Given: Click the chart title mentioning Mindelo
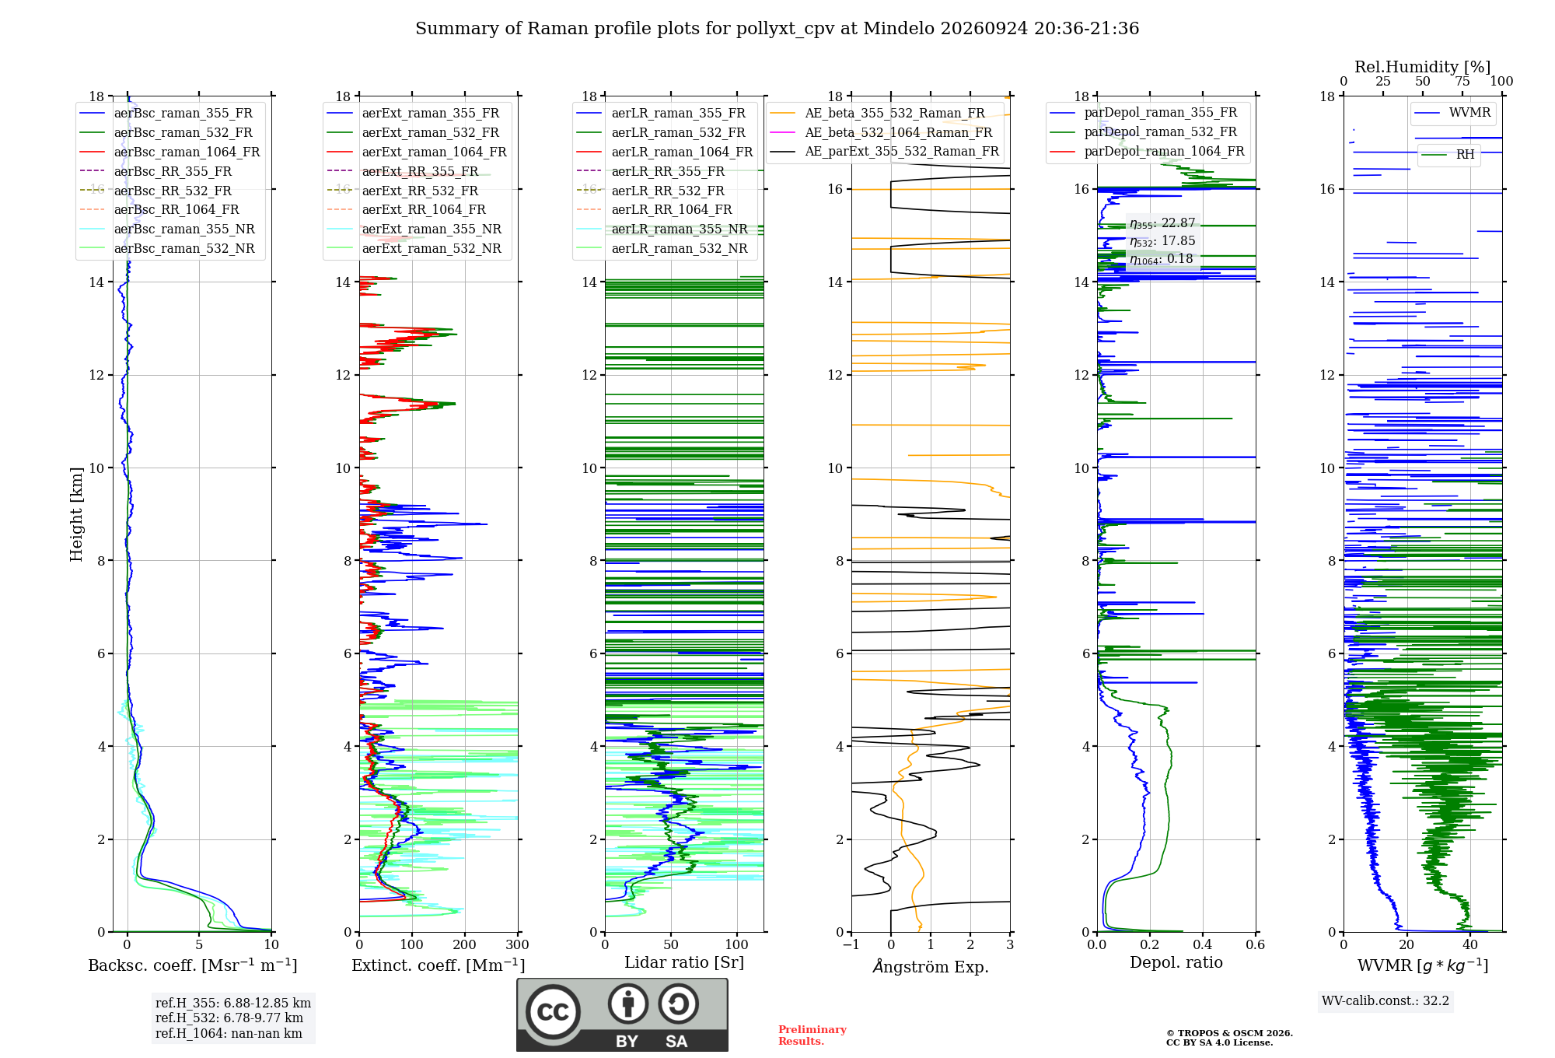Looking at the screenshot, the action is click(777, 29).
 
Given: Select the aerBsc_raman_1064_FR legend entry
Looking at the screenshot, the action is click(169, 152).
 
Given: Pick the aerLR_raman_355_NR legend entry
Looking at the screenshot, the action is click(662, 229).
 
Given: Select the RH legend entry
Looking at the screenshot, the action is click(1448, 154).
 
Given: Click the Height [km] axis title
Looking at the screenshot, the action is click(76, 514).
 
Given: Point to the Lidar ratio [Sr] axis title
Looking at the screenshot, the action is click(684, 962).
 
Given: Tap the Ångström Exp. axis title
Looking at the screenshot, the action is click(931, 966).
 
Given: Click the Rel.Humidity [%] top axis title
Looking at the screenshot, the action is click(1423, 67).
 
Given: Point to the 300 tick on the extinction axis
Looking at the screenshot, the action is click(518, 944).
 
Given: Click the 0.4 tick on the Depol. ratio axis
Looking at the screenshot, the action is click(1203, 944).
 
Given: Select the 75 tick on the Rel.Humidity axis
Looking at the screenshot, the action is click(1462, 81).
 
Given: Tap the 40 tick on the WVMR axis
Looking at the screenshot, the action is click(1470, 944).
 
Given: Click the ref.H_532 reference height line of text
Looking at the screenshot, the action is click(229, 1018).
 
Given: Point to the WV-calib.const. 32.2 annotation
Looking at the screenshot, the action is click(1386, 1000).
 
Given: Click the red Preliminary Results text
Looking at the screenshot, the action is click(812, 1035).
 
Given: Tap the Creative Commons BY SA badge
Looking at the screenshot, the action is click(622, 1015).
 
